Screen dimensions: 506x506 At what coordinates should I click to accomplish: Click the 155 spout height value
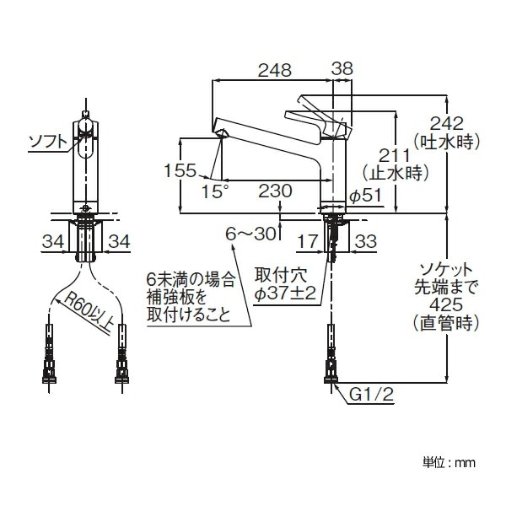pos(180,170)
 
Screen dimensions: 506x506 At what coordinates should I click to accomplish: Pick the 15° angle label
pos(216,191)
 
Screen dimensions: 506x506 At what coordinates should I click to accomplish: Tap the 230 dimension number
pos(275,191)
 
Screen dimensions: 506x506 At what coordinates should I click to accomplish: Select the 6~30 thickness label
pos(252,232)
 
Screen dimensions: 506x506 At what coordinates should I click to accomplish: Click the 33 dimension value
pos(366,242)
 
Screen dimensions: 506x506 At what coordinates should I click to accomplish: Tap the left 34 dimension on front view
pos(51,242)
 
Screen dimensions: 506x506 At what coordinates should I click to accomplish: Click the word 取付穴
pos(278,275)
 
